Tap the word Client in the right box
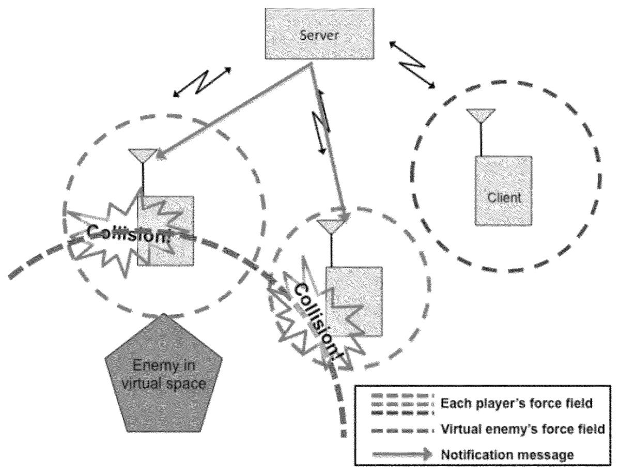504,197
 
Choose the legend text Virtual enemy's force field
522,429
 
